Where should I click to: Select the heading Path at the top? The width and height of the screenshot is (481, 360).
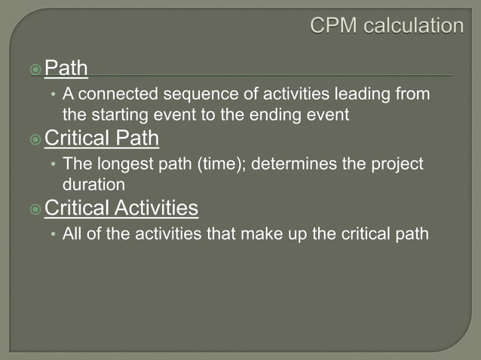66,69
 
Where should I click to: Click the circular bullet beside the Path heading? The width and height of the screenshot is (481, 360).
35,69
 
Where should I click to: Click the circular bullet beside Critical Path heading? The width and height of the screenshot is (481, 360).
35,139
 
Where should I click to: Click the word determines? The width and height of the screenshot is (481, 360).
289,164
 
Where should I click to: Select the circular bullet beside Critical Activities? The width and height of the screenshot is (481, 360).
35,209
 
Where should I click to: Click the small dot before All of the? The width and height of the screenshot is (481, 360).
53,234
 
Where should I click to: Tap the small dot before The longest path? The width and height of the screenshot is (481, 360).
53,165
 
